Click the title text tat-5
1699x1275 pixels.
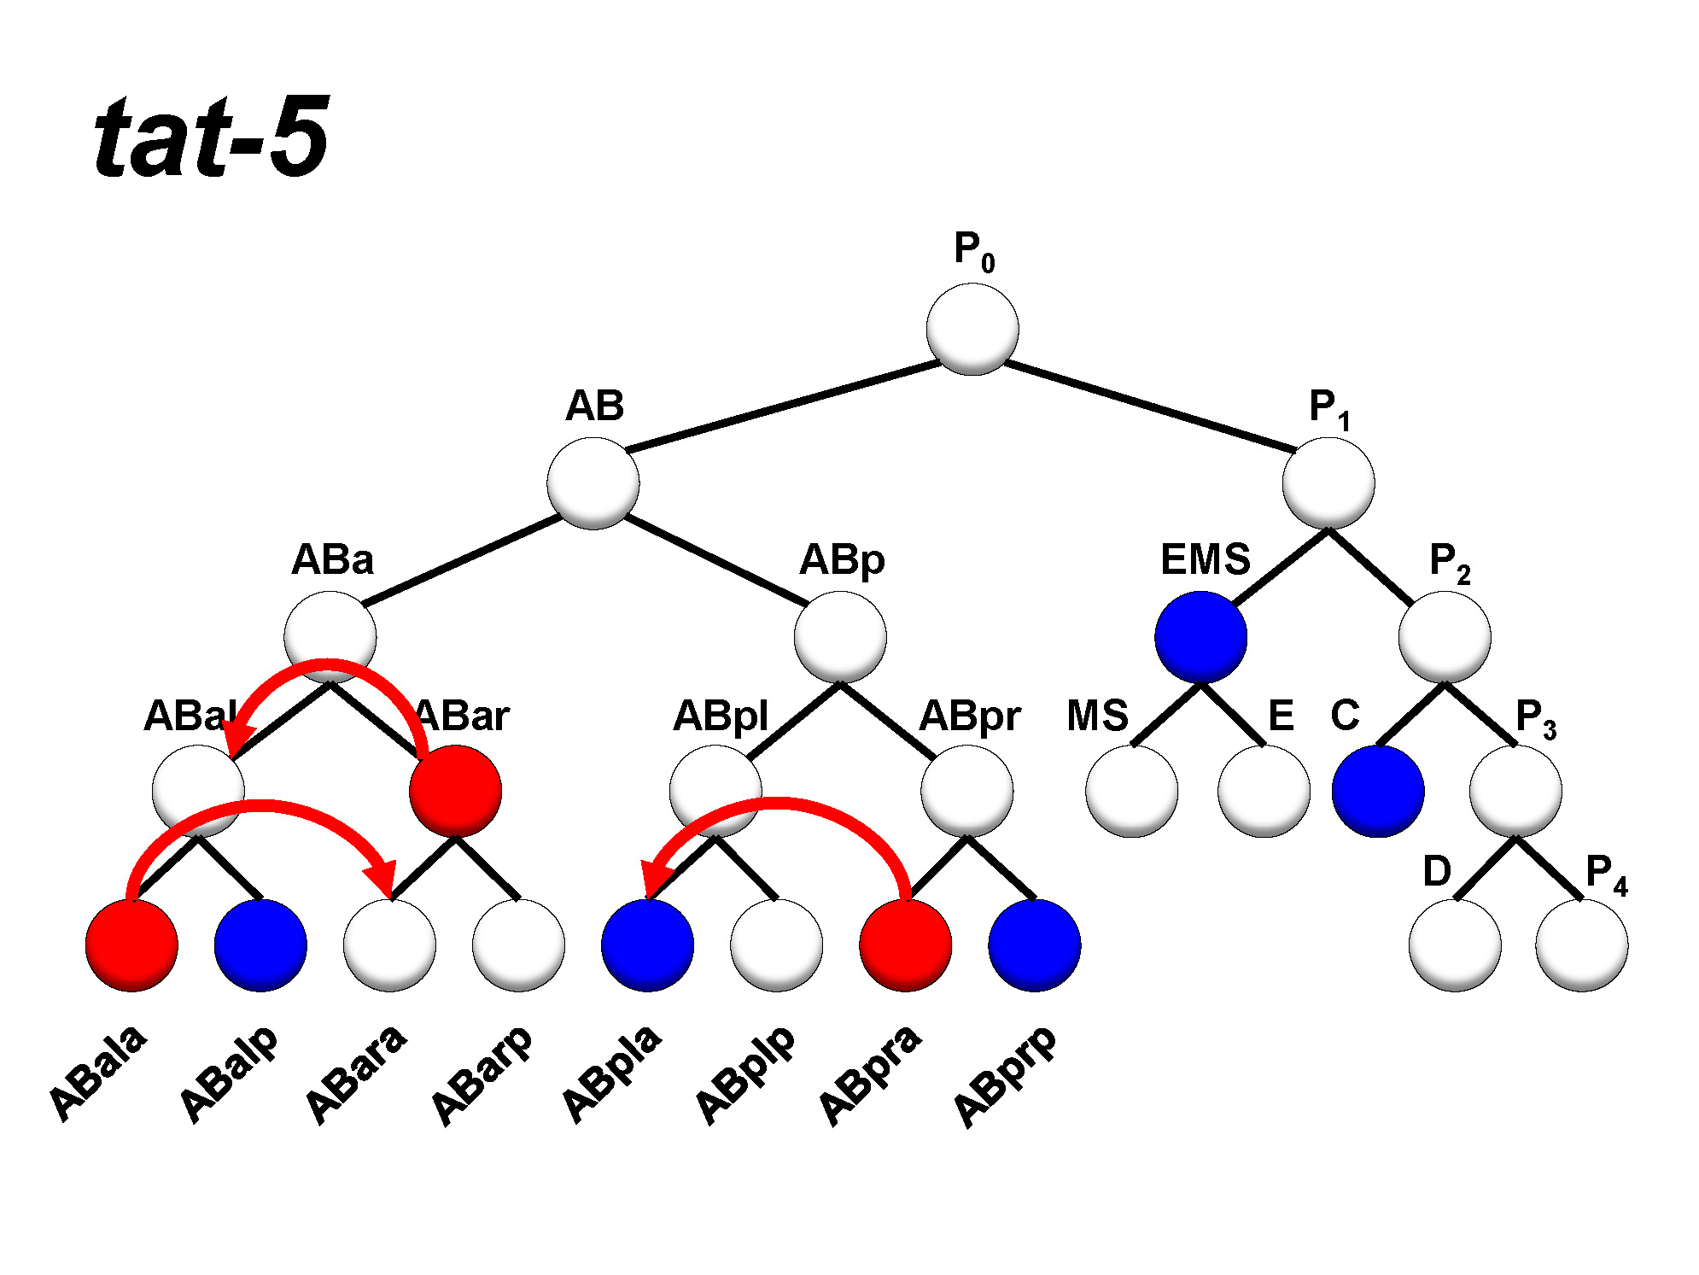point(211,138)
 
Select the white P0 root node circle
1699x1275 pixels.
point(972,330)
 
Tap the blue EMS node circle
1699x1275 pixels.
point(1200,637)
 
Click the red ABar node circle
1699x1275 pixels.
point(455,791)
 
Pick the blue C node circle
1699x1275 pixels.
point(1378,791)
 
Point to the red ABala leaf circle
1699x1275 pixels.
point(131,945)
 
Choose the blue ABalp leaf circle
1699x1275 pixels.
point(260,945)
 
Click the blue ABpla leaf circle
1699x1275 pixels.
point(647,945)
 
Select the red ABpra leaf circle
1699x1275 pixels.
point(905,945)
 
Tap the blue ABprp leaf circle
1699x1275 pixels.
point(1035,945)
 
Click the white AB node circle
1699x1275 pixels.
point(593,483)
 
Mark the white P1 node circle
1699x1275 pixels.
point(1328,483)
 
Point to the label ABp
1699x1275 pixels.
point(842,561)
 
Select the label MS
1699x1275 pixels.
point(1097,716)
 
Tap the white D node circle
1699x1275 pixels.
point(1455,945)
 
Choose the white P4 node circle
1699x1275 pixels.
point(1581,945)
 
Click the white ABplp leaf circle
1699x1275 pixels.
point(776,945)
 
